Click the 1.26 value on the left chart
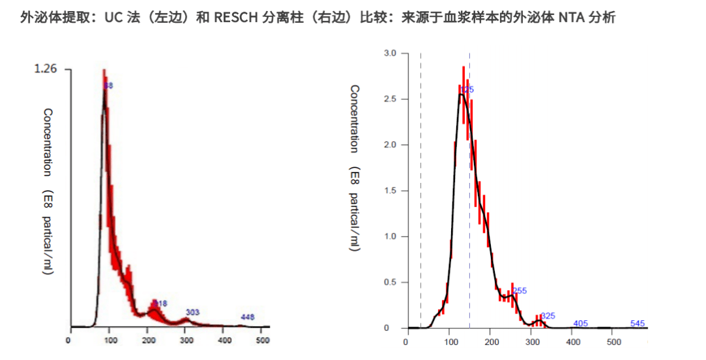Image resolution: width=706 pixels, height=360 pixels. click(46, 69)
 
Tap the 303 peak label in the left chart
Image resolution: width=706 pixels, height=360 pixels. click(192, 312)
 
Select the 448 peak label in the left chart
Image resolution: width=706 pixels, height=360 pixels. click(247, 317)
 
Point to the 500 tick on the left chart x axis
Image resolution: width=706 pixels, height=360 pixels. click(263, 340)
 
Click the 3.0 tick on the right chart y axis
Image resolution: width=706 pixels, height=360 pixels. click(390, 53)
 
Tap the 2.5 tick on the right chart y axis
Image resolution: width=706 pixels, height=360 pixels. click(390, 99)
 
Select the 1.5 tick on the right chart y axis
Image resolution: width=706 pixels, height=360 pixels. click(390, 191)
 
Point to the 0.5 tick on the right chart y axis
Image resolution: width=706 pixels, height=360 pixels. click(390, 282)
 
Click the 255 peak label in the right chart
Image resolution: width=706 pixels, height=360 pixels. click(520, 291)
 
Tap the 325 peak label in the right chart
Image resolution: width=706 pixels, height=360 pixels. click(548, 316)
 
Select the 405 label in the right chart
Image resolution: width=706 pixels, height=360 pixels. click(580, 323)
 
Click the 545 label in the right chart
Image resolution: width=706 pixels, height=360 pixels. click(637, 323)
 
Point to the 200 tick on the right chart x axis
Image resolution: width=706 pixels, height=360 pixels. click(490, 341)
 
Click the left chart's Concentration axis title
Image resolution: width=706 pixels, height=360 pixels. click(48, 142)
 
